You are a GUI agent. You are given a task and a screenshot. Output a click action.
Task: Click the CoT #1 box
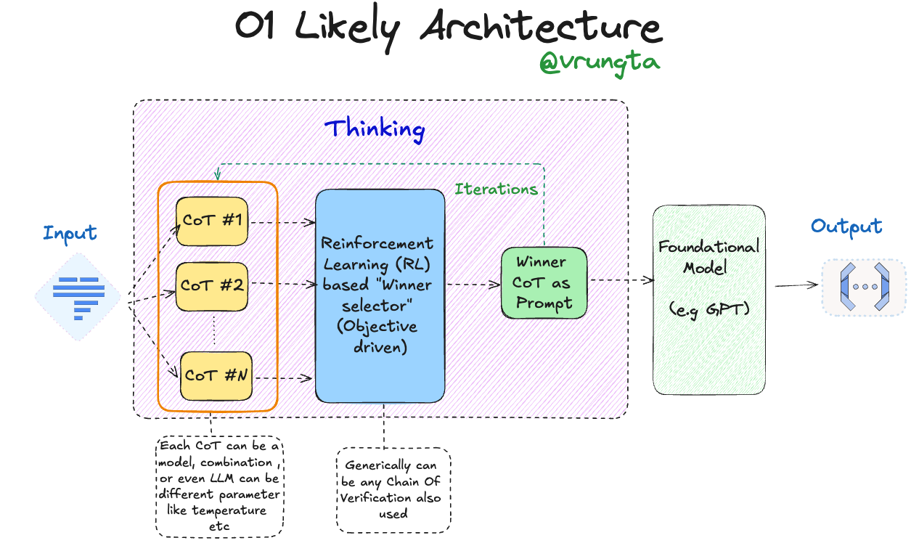coord(212,221)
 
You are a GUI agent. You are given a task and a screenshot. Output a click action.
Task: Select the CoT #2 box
coord(212,285)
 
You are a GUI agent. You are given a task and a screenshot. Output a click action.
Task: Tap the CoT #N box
coord(216,375)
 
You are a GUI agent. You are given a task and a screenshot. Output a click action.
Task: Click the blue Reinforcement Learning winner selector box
coord(379,295)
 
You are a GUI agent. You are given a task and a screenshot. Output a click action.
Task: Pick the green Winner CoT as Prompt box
coord(543,282)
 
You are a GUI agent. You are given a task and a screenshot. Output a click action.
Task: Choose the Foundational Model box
coord(708,300)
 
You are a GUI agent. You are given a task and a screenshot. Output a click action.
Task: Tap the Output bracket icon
coord(864,287)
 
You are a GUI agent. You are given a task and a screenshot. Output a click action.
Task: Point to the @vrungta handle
coord(599,62)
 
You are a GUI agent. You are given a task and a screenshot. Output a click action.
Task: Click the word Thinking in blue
coord(375,129)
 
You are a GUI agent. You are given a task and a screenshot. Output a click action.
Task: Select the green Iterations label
coord(496,189)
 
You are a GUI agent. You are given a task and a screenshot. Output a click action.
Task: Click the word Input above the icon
coord(70,233)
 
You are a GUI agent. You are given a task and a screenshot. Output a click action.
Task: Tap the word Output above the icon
coord(846,227)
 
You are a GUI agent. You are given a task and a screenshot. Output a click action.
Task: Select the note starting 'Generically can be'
coord(393,489)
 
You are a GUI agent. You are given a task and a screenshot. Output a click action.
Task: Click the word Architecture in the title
coord(541,28)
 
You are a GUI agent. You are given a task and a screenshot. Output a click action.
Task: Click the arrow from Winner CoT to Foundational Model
coord(619,280)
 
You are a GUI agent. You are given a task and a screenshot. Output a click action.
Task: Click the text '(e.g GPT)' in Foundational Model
coord(708,310)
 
